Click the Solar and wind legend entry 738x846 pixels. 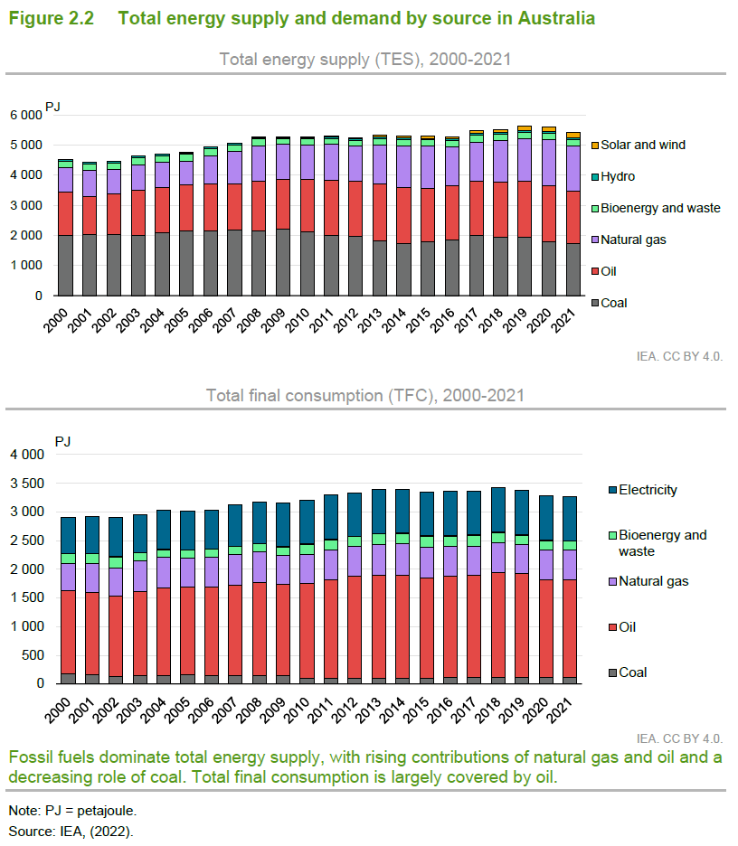point(639,145)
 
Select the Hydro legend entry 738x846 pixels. point(613,176)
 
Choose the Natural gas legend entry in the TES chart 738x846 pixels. point(629,240)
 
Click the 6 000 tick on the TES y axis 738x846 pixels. point(26,115)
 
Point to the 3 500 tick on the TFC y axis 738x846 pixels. point(27,484)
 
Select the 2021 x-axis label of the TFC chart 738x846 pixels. point(559,710)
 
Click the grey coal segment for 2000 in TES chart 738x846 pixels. point(65,266)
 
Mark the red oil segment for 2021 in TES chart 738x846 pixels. point(573,218)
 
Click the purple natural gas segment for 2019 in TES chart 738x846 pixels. point(525,160)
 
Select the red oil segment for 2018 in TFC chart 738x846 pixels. point(499,625)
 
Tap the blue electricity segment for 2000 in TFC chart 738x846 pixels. point(68,536)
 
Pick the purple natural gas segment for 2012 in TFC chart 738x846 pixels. point(355,561)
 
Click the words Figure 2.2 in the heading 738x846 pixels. point(52,18)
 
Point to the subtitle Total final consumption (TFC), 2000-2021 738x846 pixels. point(365,396)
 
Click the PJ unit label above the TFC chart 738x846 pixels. point(62,441)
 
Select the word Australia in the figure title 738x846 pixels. point(556,18)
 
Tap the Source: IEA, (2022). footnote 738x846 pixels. point(71,832)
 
